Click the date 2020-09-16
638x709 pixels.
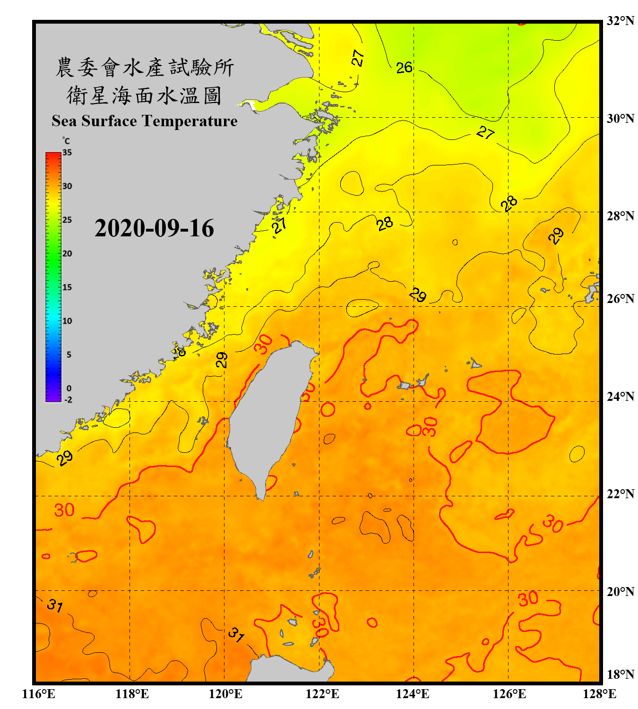point(154,228)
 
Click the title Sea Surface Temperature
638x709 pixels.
point(144,121)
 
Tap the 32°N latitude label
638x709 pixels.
point(620,21)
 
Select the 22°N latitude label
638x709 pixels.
point(620,494)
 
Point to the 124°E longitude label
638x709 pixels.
point(413,694)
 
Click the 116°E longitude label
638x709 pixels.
point(38,694)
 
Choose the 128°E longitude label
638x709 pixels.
point(599,694)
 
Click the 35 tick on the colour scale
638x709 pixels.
point(67,152)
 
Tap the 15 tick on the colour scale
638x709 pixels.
point(67,287)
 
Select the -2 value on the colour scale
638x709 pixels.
point(68,399)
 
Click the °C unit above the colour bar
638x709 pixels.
point(66,141)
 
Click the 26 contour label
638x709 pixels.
point(404,68)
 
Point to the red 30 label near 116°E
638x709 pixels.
point(64,510)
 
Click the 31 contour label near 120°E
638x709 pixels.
point(236,635)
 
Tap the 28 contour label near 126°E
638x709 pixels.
point(509,204)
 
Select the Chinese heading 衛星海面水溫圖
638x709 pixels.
point(144,95)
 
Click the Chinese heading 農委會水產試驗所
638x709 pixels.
point(144,68)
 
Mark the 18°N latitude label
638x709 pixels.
point(620,674)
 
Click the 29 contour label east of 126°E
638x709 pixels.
point(556,235)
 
